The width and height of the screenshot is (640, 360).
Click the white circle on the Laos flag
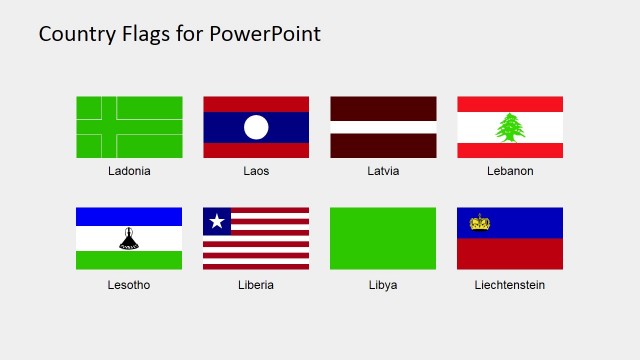pyautogui.click(x=256, y=127)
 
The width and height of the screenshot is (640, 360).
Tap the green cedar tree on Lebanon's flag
pyautogui.click(x=510, y=127)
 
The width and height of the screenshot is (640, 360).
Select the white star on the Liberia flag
pyautogui.click(x=216, y=221)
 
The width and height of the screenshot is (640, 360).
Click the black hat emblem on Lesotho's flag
pyautogui.click(x=129, y=238)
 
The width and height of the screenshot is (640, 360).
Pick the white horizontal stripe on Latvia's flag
pyautogui.click(x=383, y=127)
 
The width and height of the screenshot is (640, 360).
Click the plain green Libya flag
pyautogui.click(x=383, y=238)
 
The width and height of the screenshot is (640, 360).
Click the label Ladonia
pyautogui.click(x=129, y=171)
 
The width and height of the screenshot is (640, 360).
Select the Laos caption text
pyautogui.click(x=256, y=171)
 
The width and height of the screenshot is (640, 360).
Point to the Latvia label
pyautogui.click(x=383, y=171)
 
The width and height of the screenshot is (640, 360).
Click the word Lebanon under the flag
pyautogui.click(x=510, y=171)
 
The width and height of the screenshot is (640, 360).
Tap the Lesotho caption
pyautogui.click(x=129, y=285)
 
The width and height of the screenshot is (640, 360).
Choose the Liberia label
pyautogui.click(x=256, y=285)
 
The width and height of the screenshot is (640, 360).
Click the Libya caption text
pyautogui.click(x=383, y=285)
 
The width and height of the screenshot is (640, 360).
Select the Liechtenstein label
pyautogui.click(x=510, y=285)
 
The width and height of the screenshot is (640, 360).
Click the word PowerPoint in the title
pyautogui.click(x=265, y=34)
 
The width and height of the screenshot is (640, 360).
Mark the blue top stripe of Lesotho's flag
pyautogui.click(x=129, y=216)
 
